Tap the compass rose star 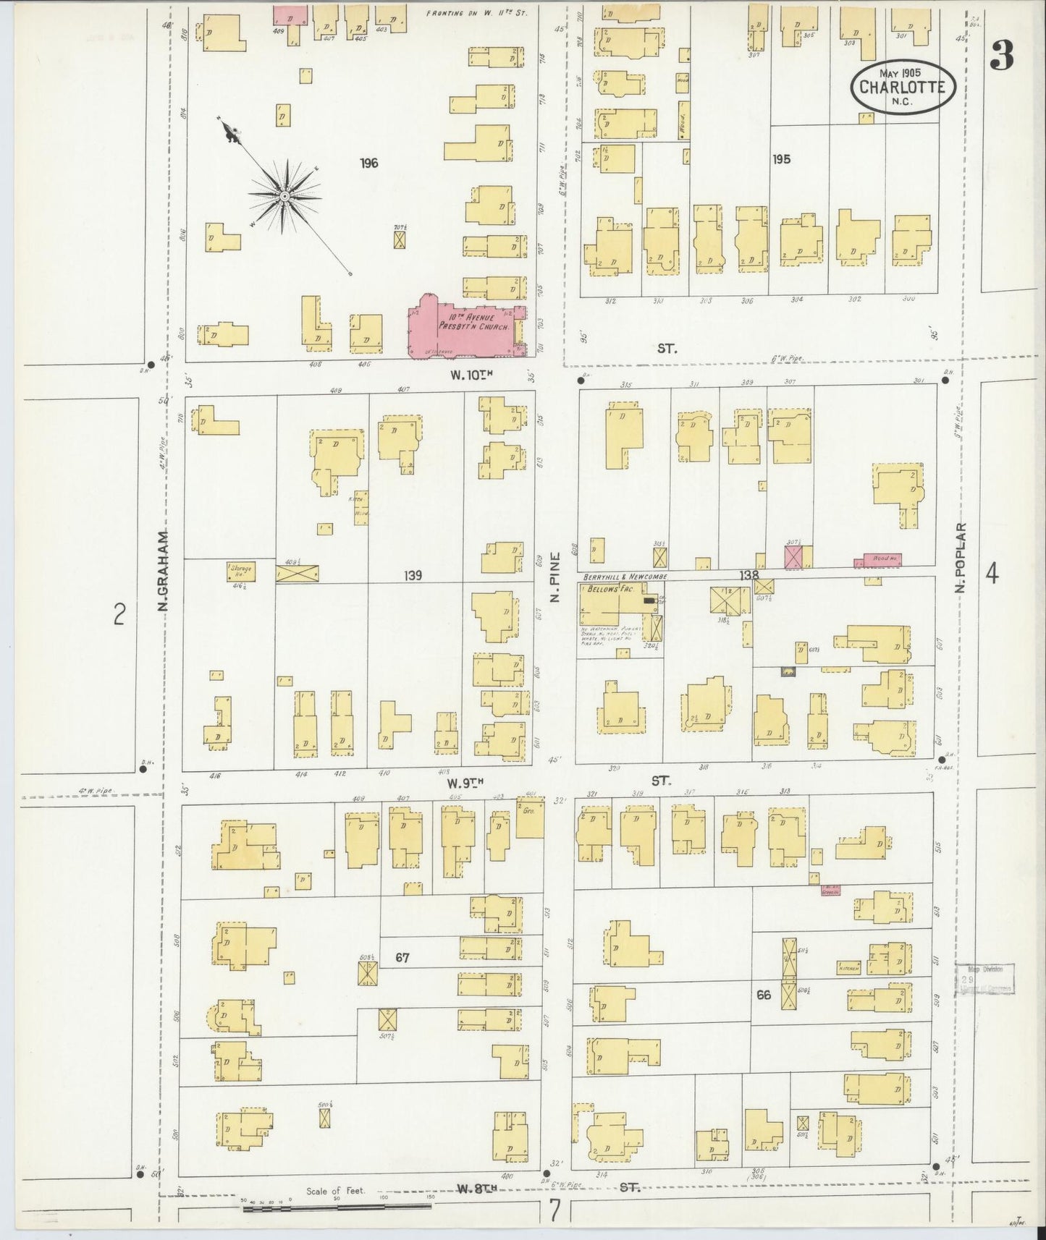pyautogui.click(x=284, y=196)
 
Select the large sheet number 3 pyautogui.click(x=1002, y=54)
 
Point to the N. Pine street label pyautogui.click(x=556, y=576)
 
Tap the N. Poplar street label pyautogui.click(x=961, y=558)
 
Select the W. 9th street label pyautogui.click(x=464, y=783)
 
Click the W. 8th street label pyautogui.click(x=474, y=1188)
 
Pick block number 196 pyautogui.click(x=369, y=164)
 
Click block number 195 pyautogui.click(x=781, y=159)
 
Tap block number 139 pyautogui.click(x=413, y=576)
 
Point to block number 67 pyautogui.click(x=403, y=958)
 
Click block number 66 pyautogui.click(x=764, y=995)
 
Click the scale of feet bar pyautogui.click(x=337, y=1206)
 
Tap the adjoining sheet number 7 pyautogui.click(x=554, y=1209)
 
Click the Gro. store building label pyautogui.click(x=528, y=812)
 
